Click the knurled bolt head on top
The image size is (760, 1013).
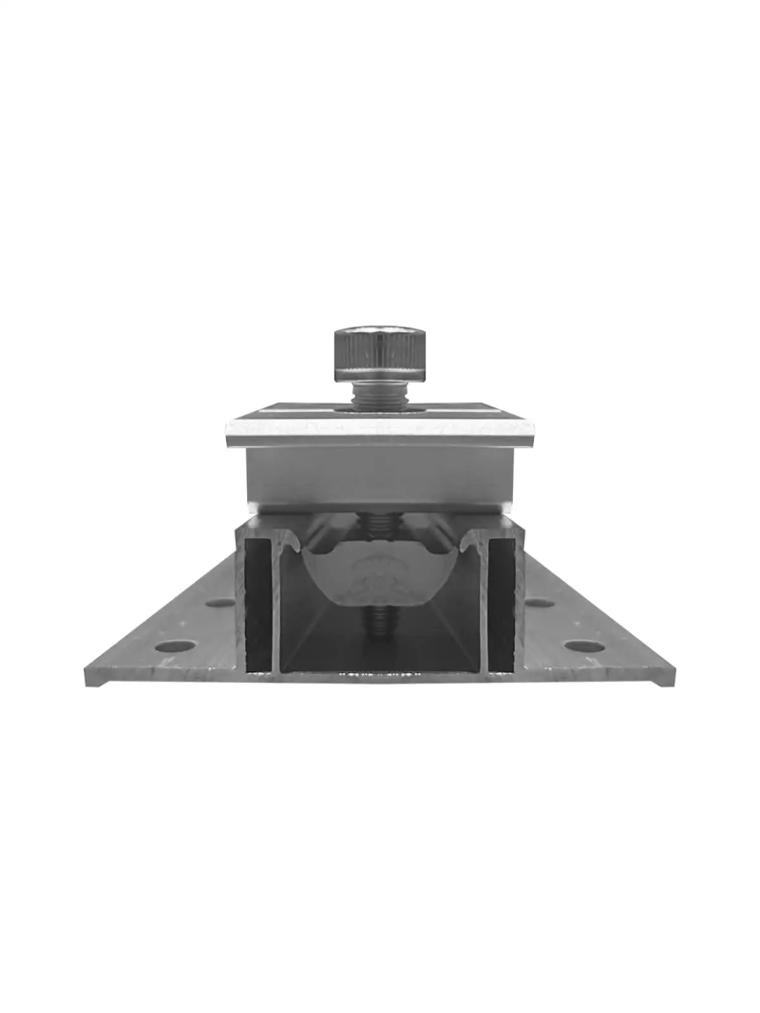point(377,351)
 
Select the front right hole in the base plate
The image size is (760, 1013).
point(583,646)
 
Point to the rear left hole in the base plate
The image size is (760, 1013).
point(219,602)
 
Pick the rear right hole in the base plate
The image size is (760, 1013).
point(540,602)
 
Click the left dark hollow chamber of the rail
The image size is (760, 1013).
point(258,608)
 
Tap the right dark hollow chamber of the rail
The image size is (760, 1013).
point(501,608)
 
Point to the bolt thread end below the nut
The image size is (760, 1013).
point(379,622)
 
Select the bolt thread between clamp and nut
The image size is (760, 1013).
point(379,523)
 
